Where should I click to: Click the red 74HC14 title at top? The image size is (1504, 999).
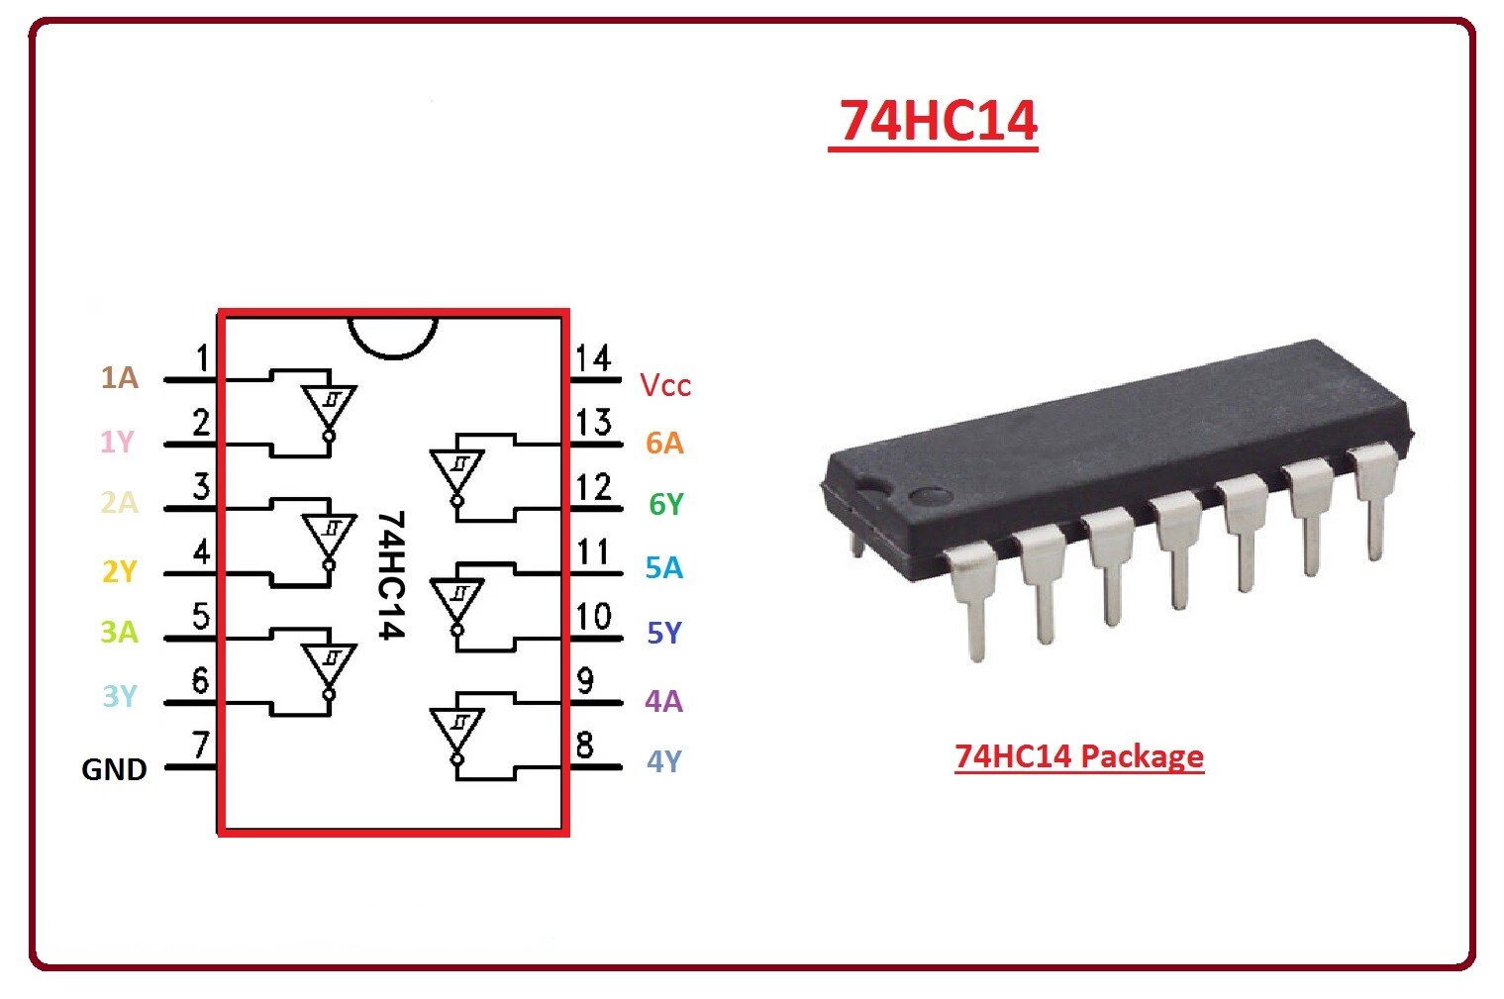(938, 121)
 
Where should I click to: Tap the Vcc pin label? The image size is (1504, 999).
(664, 385)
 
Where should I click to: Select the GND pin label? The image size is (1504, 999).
(114, 769)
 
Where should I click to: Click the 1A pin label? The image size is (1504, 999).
(119, 377)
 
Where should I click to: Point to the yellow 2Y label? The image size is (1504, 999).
(119, 571)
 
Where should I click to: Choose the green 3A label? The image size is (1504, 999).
(119, 632)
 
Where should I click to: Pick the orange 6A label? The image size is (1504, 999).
(664, 443)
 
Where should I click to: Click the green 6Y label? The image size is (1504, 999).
(665, 505)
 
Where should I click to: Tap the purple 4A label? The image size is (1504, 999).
(663, 701)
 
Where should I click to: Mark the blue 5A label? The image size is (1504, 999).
(663, 568)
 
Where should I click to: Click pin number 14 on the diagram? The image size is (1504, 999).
(593, 358)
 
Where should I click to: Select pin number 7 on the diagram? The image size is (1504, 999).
(201, 744)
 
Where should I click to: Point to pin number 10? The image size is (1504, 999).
(593, 617)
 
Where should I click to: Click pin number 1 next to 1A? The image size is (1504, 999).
(202, 357)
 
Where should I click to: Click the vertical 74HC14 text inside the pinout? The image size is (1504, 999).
(392, 574)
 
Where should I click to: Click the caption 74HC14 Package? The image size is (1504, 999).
(1078, 756)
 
